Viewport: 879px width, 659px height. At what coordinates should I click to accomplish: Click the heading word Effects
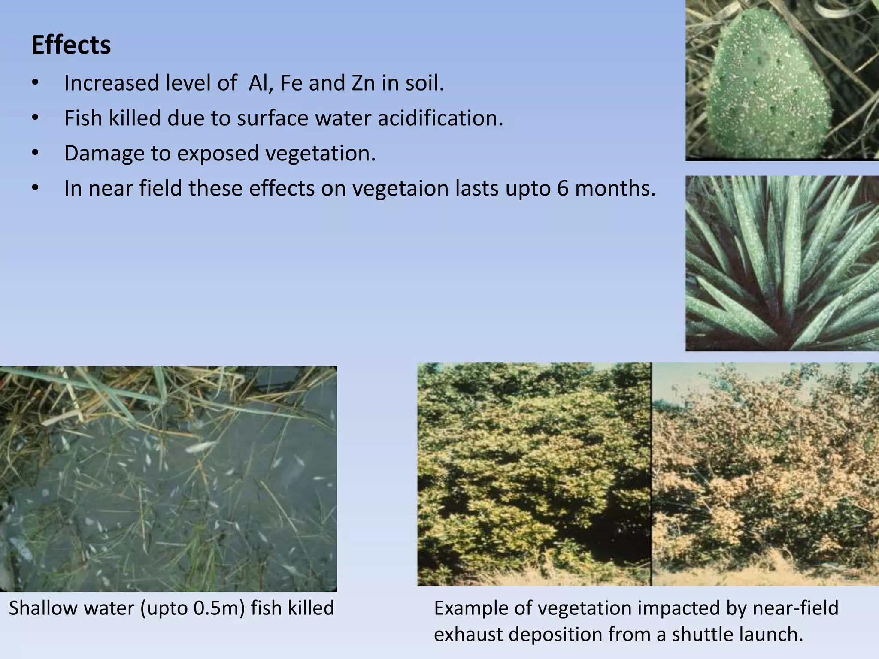71,45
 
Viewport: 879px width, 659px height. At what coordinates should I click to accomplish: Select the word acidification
440,118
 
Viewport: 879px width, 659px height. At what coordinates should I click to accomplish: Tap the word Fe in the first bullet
291,83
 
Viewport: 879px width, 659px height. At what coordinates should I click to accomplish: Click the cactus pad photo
781,80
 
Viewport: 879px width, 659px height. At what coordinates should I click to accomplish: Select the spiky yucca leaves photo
781,263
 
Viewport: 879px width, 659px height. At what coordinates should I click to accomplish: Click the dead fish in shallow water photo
168,478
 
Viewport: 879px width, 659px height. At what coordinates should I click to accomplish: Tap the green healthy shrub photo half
534,474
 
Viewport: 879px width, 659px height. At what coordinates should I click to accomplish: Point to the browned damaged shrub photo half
765,474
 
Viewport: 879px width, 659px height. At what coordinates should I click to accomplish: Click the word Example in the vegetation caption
471,608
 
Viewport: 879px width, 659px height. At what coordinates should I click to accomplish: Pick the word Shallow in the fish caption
43,608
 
